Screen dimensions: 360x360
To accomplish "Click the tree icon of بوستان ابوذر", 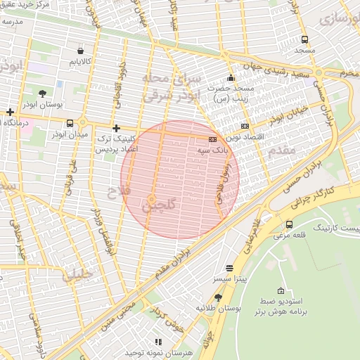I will pos(42,93).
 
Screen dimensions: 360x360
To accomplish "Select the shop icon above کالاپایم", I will pos(80,51).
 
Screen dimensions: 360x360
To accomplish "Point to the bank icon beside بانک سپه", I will pos(212,140).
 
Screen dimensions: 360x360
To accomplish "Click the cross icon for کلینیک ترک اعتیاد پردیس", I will pos(116,128).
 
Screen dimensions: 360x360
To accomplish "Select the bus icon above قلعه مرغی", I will pos(289,224).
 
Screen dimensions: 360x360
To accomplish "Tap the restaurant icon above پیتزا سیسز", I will pos(229,269).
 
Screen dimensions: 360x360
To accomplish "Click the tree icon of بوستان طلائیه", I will pos(218,297).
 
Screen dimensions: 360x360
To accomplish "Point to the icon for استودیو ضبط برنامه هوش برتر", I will pos(281,291).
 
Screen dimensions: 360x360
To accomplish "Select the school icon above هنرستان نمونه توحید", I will pos(157,342).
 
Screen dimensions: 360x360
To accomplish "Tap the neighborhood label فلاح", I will pos(115,191).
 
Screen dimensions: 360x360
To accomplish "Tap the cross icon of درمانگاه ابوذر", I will pos(9,112).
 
